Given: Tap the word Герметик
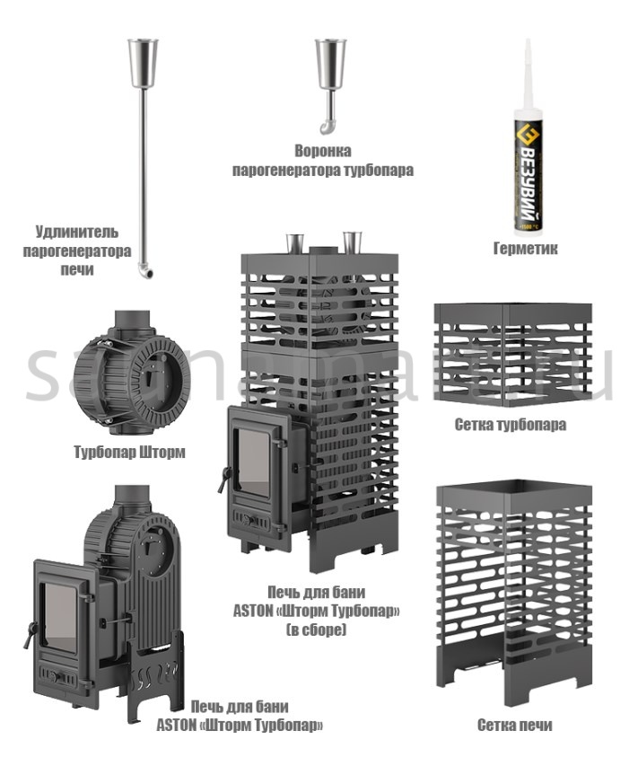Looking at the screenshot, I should pos(526,249).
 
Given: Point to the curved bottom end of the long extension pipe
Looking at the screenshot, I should pos(144,270).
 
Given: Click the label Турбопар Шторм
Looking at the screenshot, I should pos(129,452).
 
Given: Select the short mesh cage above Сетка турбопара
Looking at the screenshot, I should pos(511,356).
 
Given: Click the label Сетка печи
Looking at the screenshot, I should pos(514,725).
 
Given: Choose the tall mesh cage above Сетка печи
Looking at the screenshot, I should pos(513,593).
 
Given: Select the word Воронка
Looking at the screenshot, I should pos(323,151).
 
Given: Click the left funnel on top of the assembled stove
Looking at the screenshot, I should pos(293,242).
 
